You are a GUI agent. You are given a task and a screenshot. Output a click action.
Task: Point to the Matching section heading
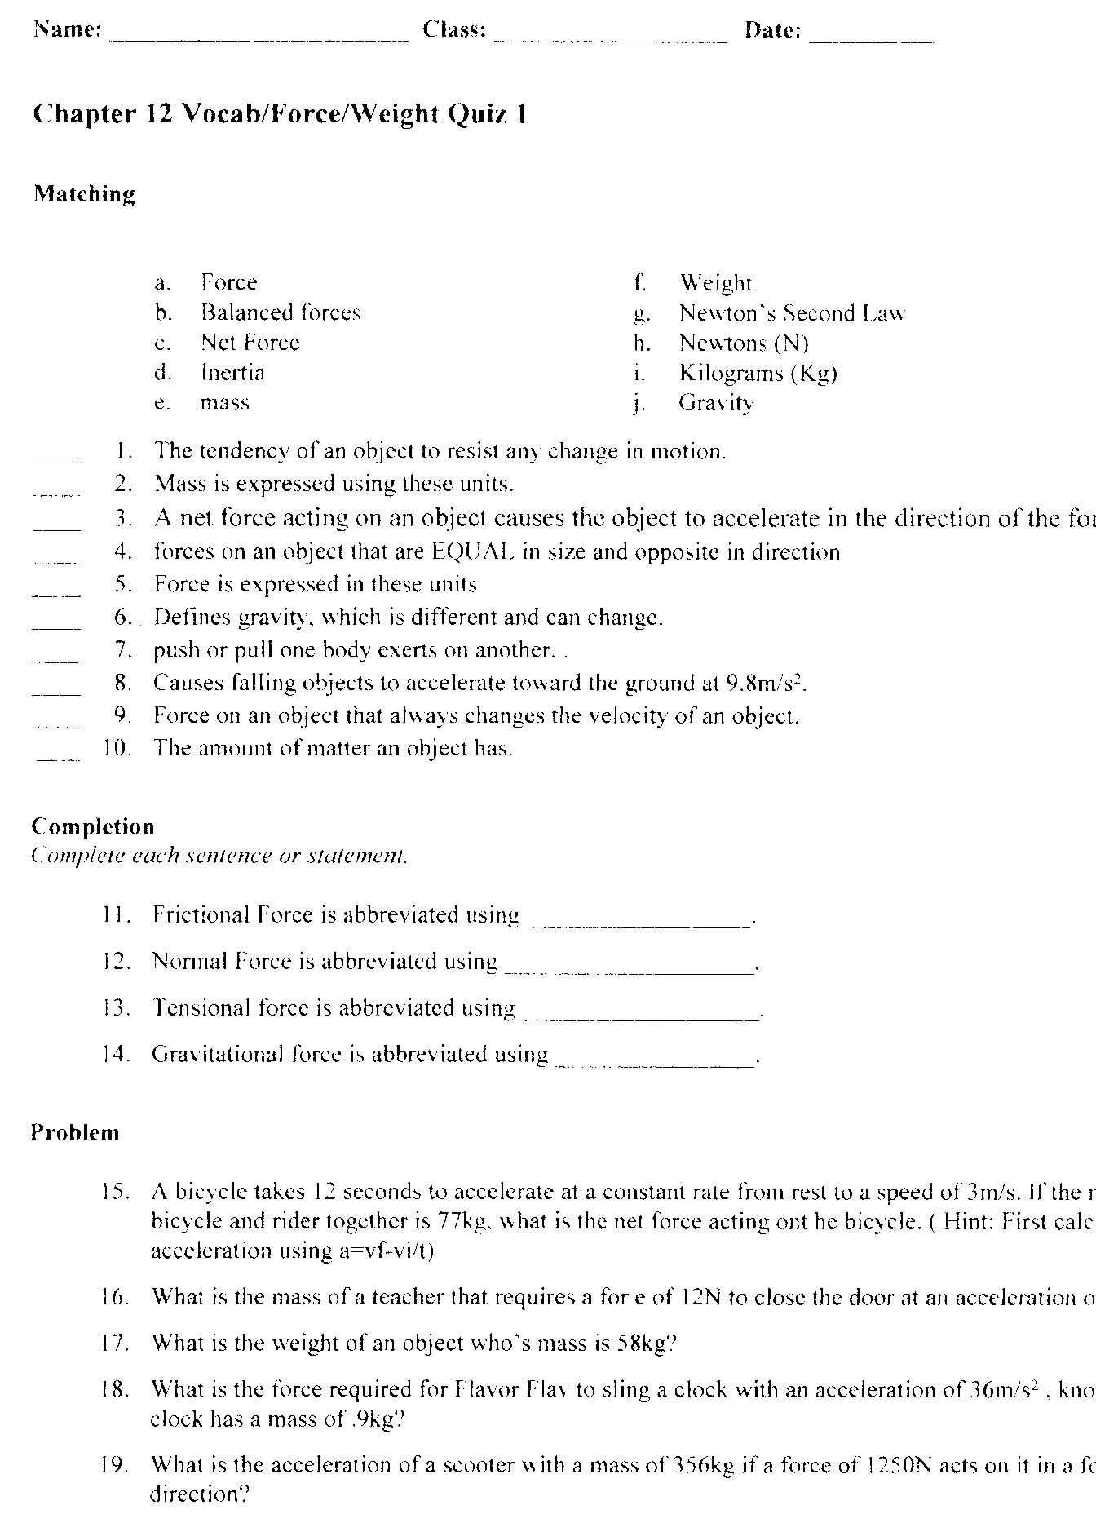pos(84,194)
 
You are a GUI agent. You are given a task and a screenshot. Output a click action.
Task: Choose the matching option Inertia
pos(233,373)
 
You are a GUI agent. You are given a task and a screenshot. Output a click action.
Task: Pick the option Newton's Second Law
pos(792,313)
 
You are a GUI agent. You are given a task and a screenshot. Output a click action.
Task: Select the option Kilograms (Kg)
pos(758,373)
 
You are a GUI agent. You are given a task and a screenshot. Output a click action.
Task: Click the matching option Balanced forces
pos(281,312)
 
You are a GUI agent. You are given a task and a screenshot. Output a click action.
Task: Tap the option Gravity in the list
pos(716,403)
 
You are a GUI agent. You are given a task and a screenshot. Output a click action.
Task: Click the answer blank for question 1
pos(57,460)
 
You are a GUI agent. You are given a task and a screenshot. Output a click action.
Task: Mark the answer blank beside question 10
pos(58,757)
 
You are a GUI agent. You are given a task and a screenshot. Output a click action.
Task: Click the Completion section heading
pos(92,826)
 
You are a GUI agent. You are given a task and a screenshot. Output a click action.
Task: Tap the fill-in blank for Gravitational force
pos(656,1063)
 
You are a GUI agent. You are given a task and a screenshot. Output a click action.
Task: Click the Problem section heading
pos(75,1132)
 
